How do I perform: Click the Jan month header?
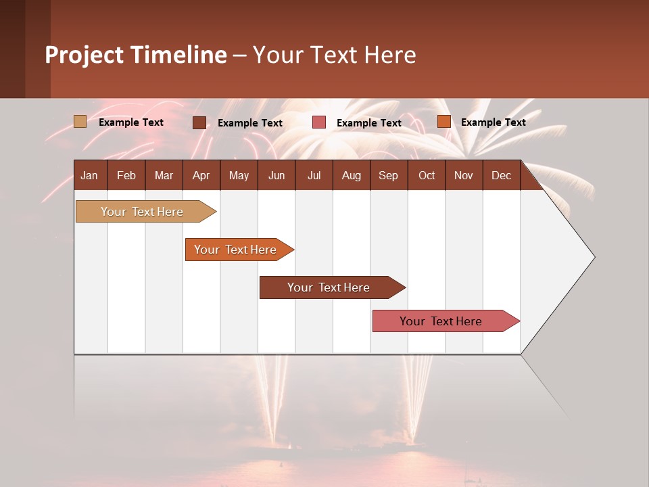coord(89,175)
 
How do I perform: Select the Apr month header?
coord(201,175)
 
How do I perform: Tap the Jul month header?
coord(314,175)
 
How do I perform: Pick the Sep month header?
coord(388,175)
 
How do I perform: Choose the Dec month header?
coord(501,175)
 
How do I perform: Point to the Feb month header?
coord(126,175)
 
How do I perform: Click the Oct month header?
coord(427,175)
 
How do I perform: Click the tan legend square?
coord(80,122)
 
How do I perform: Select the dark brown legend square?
coord(199,122)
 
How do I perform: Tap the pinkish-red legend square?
coord(319,122)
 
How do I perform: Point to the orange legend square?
coord(443,122)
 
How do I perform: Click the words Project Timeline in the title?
coord(135,55)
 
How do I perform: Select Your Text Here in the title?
coord(334,55)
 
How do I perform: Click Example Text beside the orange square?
coord(493,122)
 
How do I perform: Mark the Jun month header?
coord(277,175)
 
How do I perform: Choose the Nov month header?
coord(463,175)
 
